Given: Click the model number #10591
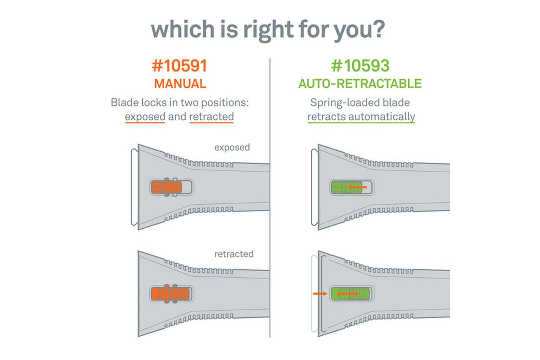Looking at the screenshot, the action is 180,66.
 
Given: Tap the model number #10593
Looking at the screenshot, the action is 360,66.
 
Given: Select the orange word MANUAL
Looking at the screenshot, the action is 180,84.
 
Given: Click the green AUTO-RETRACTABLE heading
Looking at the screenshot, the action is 360,84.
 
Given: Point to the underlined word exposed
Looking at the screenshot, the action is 145,117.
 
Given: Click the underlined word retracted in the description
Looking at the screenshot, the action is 211,117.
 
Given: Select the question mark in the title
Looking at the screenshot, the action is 378,29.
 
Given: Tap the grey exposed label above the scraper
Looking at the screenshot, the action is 232,148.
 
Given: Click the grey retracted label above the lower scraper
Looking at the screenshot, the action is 234,254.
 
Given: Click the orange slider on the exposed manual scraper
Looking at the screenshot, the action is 166,187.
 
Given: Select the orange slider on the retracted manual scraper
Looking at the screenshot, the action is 171,294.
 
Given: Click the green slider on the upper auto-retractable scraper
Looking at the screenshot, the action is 346,187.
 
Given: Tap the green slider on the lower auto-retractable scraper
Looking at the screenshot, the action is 350,294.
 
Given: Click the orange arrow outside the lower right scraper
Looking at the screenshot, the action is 320,293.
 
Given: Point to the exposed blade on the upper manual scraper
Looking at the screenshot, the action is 134,187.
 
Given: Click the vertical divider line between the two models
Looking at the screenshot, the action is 270,198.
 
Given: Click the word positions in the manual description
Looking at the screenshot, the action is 225,103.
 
